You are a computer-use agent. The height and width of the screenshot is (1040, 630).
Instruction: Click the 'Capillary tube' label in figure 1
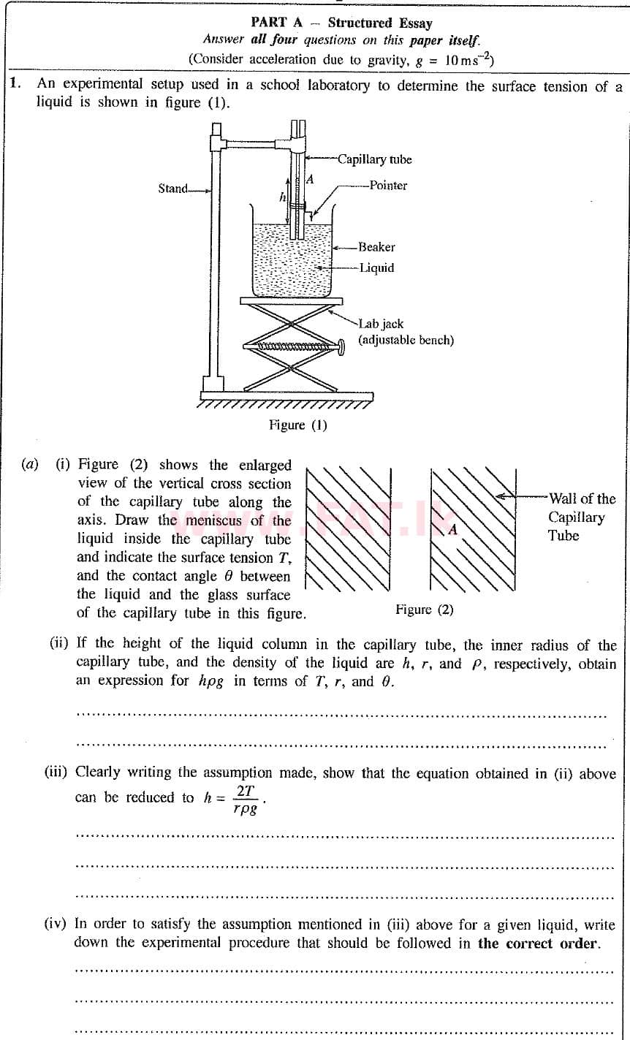[x=374, y=159]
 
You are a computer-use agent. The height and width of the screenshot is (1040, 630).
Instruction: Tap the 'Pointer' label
[x=388, y=186]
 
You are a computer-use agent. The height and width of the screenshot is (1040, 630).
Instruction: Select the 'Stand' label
[x=173, y=189]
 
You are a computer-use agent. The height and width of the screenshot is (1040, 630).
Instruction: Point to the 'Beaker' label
[x=376, y=247]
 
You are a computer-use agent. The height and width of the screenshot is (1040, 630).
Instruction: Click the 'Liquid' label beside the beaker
[x=376, y=267]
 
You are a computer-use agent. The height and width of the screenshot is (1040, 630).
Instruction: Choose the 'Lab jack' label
[x=381, y=324]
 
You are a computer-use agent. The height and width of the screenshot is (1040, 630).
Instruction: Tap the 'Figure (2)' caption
[x=424, y=610]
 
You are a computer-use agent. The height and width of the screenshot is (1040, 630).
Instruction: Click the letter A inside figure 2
[x=452, y=529]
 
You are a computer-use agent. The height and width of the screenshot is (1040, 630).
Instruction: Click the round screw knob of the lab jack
[x=341, y=345]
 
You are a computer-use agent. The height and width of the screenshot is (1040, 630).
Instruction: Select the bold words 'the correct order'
[x=538, y=943]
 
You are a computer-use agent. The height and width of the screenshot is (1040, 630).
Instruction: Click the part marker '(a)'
[x=30, y=465]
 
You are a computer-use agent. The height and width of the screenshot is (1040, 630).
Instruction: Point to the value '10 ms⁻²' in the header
[x=468, y=59]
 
